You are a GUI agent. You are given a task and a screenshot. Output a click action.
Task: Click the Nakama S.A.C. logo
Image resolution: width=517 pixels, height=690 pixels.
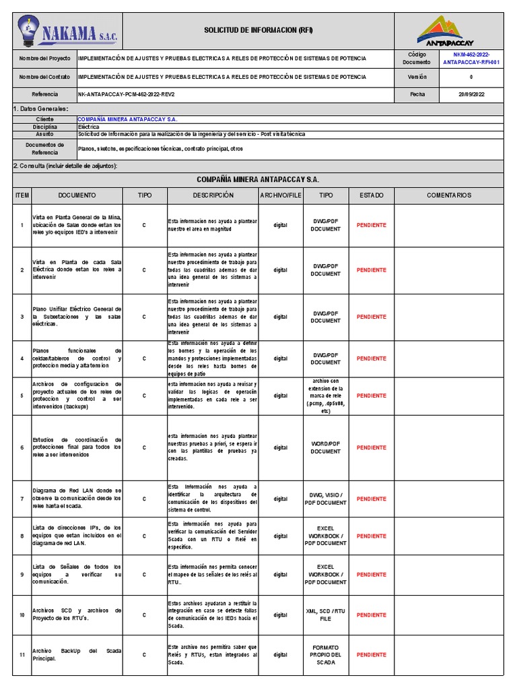[67, 31]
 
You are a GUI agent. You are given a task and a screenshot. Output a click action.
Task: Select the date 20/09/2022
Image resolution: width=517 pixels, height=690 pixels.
[471, 95]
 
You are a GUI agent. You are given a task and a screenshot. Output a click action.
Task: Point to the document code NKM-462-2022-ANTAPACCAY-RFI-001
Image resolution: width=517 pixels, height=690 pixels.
[471, 58]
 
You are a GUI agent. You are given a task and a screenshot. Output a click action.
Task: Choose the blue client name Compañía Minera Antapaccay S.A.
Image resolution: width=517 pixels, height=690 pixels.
[127, 119]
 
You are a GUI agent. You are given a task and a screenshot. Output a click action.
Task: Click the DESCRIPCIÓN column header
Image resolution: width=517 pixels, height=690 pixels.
[213, 195]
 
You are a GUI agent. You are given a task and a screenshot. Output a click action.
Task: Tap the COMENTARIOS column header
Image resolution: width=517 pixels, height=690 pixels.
[449, 195]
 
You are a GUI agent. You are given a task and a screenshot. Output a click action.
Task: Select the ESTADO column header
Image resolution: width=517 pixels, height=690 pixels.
[372, 195]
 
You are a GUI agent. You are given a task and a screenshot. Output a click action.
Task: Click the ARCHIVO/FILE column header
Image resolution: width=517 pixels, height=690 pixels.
[281, 195]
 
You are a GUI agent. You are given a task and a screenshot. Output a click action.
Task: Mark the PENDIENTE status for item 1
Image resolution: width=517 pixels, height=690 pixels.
[372, 225]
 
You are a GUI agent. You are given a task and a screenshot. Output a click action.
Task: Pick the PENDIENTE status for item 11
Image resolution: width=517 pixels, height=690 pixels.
[372, 654]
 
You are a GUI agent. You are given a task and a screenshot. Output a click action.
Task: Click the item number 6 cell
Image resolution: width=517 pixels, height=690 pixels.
[22, 447]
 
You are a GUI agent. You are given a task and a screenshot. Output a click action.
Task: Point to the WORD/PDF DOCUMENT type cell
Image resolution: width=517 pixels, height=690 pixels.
[326, 447]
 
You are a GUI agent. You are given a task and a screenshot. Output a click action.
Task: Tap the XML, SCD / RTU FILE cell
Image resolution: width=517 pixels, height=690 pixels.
[326, 615]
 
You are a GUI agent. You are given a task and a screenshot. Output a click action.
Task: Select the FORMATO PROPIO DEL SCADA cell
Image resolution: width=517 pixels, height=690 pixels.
[326, 654]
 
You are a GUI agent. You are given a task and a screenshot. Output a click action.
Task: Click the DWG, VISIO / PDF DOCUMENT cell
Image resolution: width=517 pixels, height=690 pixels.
[326, 499]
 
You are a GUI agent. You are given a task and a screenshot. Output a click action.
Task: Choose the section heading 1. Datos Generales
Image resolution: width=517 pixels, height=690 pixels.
[41, 108]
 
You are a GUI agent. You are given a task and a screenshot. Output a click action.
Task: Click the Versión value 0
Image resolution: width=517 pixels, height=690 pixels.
[471, 77]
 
